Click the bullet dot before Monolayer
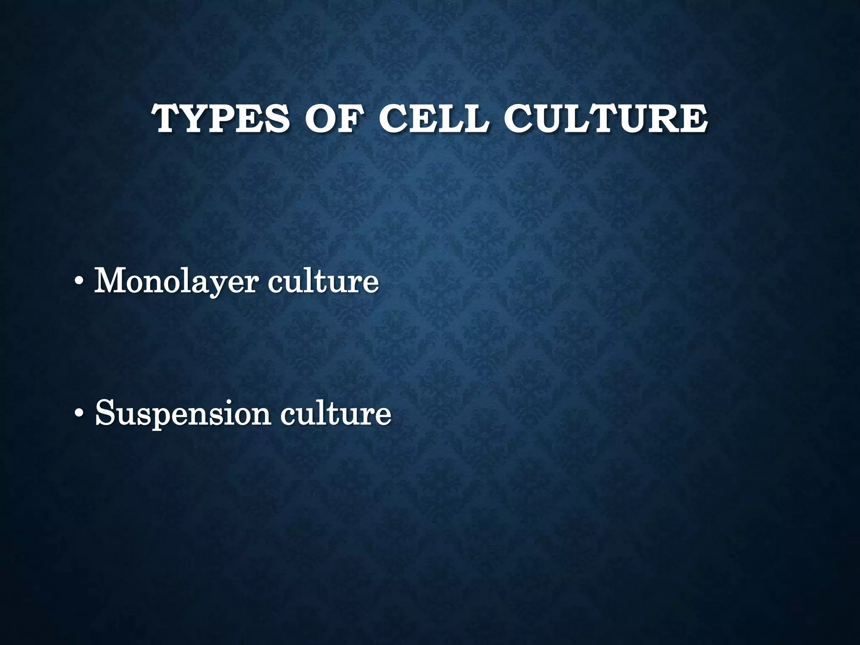[x=78, y=282]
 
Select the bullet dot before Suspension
[x=78, y=413]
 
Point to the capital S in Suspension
[x=105, y=412]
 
